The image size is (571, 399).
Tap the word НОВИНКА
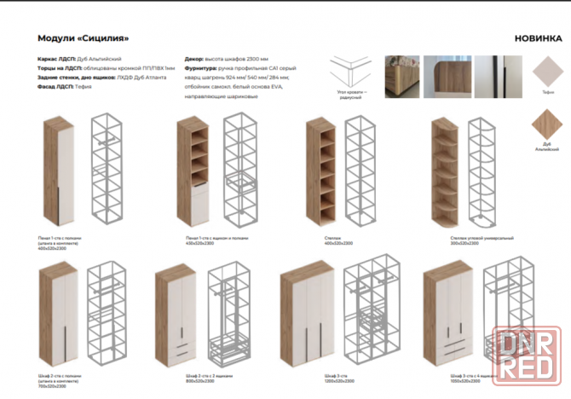536,39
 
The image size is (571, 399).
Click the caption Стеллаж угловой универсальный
458,239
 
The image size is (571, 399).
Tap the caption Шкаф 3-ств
334,375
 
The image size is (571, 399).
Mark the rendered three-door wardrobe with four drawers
447,317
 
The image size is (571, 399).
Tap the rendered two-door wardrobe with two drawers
175,317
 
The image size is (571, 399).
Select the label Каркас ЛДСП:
56,58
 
